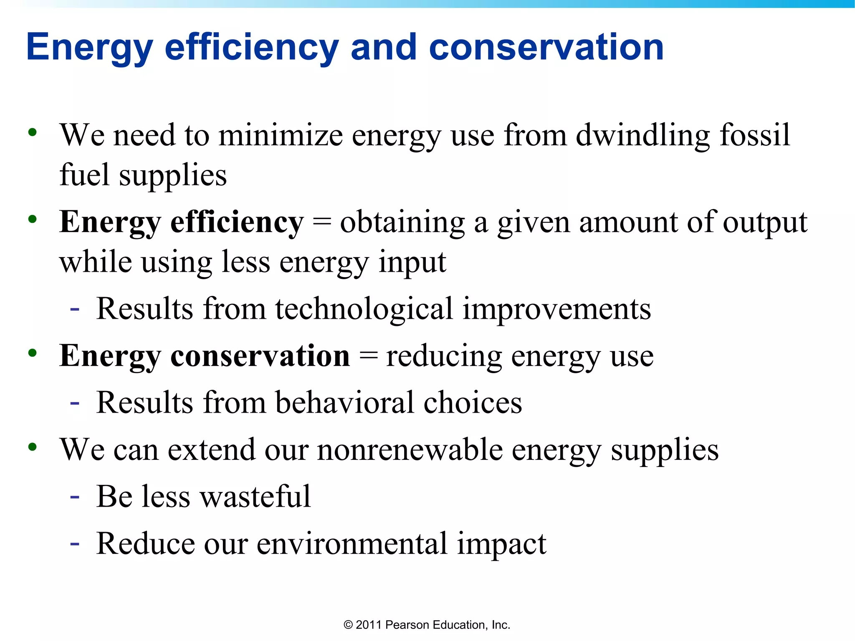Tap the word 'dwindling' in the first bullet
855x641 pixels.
click(643, 136)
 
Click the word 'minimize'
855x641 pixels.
click(281, 136)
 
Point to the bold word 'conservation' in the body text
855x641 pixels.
click(260, 356)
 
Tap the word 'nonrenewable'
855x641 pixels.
click(410, 450)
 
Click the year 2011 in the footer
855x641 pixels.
click(369, 625)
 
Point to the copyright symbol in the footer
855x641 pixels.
click(348, 625)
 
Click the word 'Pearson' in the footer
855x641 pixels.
click(407, 625)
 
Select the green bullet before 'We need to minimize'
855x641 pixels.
click(33, 133)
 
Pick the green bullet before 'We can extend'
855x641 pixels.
click(33, 447)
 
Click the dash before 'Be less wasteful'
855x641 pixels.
click(75, 497)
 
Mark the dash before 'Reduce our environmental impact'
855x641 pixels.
click(75, 544)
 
